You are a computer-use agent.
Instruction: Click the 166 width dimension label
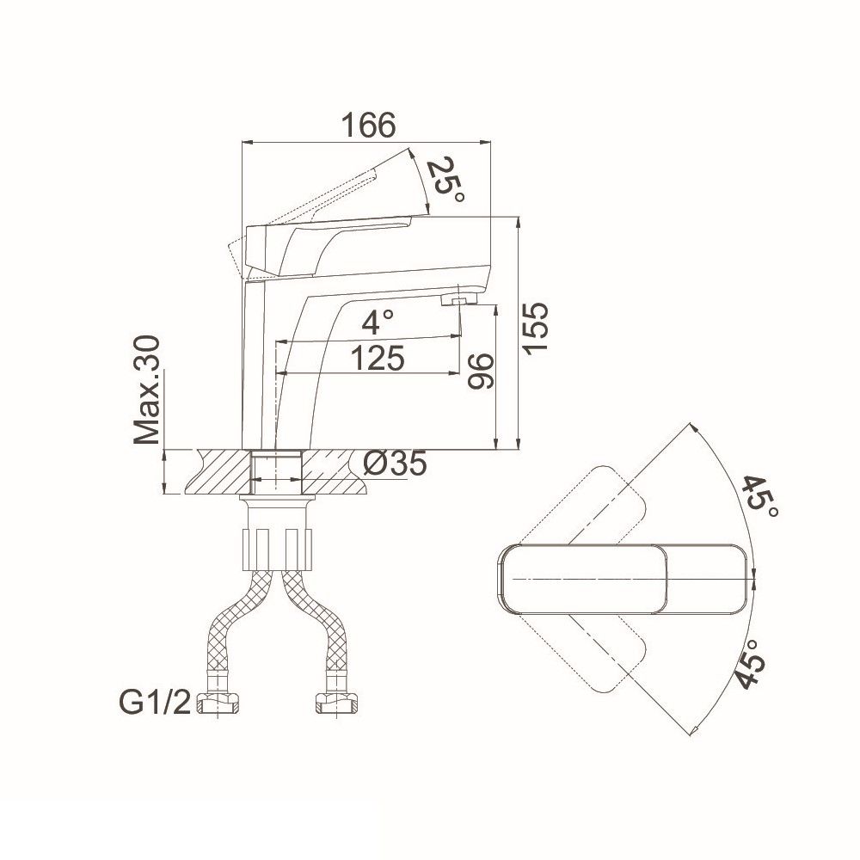point(368,126)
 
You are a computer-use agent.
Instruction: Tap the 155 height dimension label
point(534,328)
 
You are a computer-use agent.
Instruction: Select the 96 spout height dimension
point(481,372)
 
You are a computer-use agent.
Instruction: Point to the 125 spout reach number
point(378,359)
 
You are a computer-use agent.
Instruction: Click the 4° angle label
point(378,322)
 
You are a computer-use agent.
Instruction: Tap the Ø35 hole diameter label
point(396,464)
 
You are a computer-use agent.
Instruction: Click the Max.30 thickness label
point(147,390)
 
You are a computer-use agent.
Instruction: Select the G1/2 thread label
point(155,703)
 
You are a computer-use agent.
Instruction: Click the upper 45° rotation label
point(760,497)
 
